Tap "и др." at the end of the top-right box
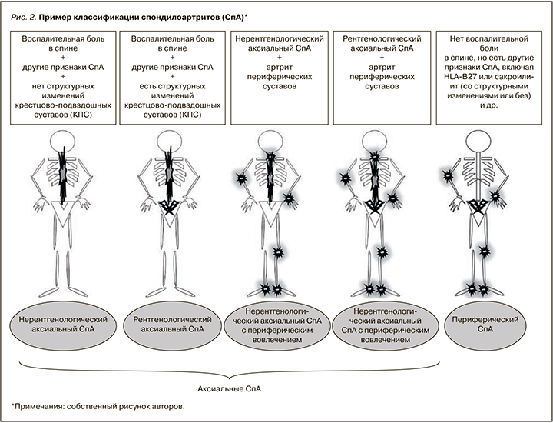(484, 106)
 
